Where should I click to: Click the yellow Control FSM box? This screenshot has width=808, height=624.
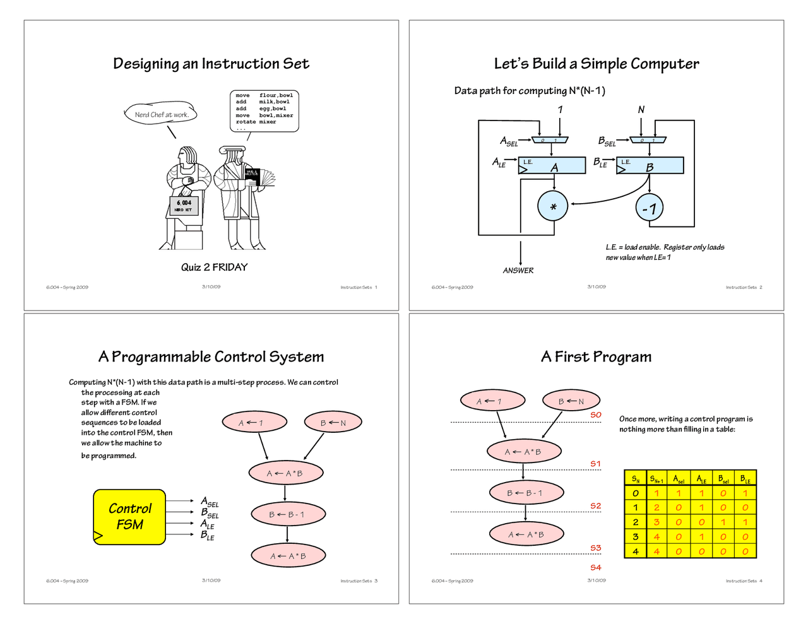click(129, 517)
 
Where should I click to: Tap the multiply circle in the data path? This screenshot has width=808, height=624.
click(553, 206)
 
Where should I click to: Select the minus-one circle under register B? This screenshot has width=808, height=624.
click(650, 208)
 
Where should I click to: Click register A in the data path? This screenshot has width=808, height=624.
click(554, 166)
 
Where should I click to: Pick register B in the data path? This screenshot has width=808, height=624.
click(650, 166)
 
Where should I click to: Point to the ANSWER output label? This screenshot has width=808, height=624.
click(518, 271)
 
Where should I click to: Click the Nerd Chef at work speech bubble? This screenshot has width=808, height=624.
click(162, 115)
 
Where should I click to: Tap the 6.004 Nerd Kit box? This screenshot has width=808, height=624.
click(184, 206)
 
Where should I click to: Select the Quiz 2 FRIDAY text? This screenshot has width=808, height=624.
click(214, 268)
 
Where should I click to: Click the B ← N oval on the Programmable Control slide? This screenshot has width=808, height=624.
click(333, 423)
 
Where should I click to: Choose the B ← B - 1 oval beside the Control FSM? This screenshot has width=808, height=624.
click(288, 515)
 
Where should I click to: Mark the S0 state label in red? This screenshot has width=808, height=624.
click(596, 415)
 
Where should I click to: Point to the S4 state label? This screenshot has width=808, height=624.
click(596, 568)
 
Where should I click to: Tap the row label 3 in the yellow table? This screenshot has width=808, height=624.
click(635, 537)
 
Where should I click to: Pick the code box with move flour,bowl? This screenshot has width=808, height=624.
click(264, 112)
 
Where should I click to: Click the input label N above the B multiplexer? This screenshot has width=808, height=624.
click(641, 110)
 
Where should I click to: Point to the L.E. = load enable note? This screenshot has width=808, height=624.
click(665, 252)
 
